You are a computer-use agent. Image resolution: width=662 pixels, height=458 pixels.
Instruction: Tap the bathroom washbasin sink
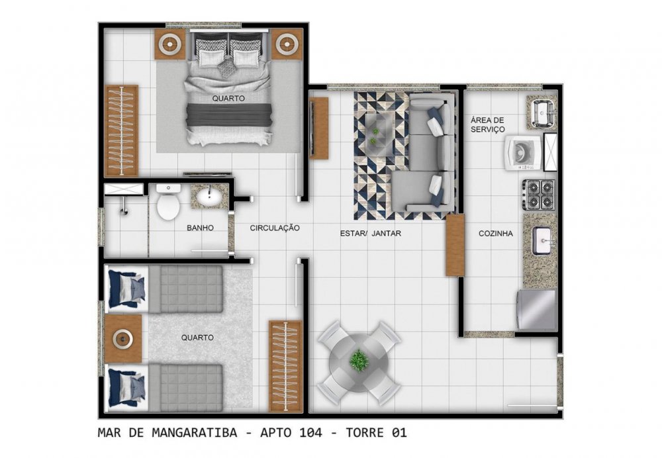point(209,196)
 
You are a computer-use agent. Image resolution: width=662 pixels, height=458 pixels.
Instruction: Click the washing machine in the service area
point(523,152)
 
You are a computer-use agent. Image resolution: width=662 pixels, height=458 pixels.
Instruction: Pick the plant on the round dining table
point(359,360)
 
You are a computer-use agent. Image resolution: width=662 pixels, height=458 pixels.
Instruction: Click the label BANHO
point(200,228)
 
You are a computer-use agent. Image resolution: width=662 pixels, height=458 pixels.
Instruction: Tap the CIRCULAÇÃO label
point(275,228)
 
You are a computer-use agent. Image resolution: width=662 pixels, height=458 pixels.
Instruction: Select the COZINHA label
point(496,234)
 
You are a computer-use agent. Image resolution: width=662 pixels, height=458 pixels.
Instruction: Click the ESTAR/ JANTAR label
point(371,233)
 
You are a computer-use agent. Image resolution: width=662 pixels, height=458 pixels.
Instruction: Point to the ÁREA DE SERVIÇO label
point(488,125)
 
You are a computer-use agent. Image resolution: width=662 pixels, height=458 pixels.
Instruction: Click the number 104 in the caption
point(310,433)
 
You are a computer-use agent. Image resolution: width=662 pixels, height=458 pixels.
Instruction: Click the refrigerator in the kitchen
point(537,310)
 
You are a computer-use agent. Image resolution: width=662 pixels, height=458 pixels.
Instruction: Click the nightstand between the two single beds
point(123,339)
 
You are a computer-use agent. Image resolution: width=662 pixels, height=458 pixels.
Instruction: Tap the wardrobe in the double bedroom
point(122,130)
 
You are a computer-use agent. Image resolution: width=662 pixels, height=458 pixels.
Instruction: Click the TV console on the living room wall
point(319,128)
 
